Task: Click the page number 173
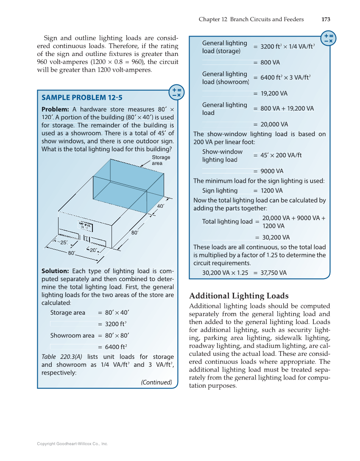(x=326, y=19)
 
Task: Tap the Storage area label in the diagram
(x=161, y=160)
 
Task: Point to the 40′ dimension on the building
(x=160, y=206)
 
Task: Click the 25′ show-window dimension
(x=64, y=243)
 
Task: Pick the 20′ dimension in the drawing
(x=93, y=250)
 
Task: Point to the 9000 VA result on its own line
(x=271, y=171)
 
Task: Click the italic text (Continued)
(x=156, y=382)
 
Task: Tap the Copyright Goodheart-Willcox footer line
(x=73, y=444)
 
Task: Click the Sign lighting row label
(x=220, y=191)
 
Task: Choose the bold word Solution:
(x=55, y=271)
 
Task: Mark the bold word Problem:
(x=55, y=109)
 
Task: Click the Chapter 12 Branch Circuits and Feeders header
(x=251, y=19)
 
